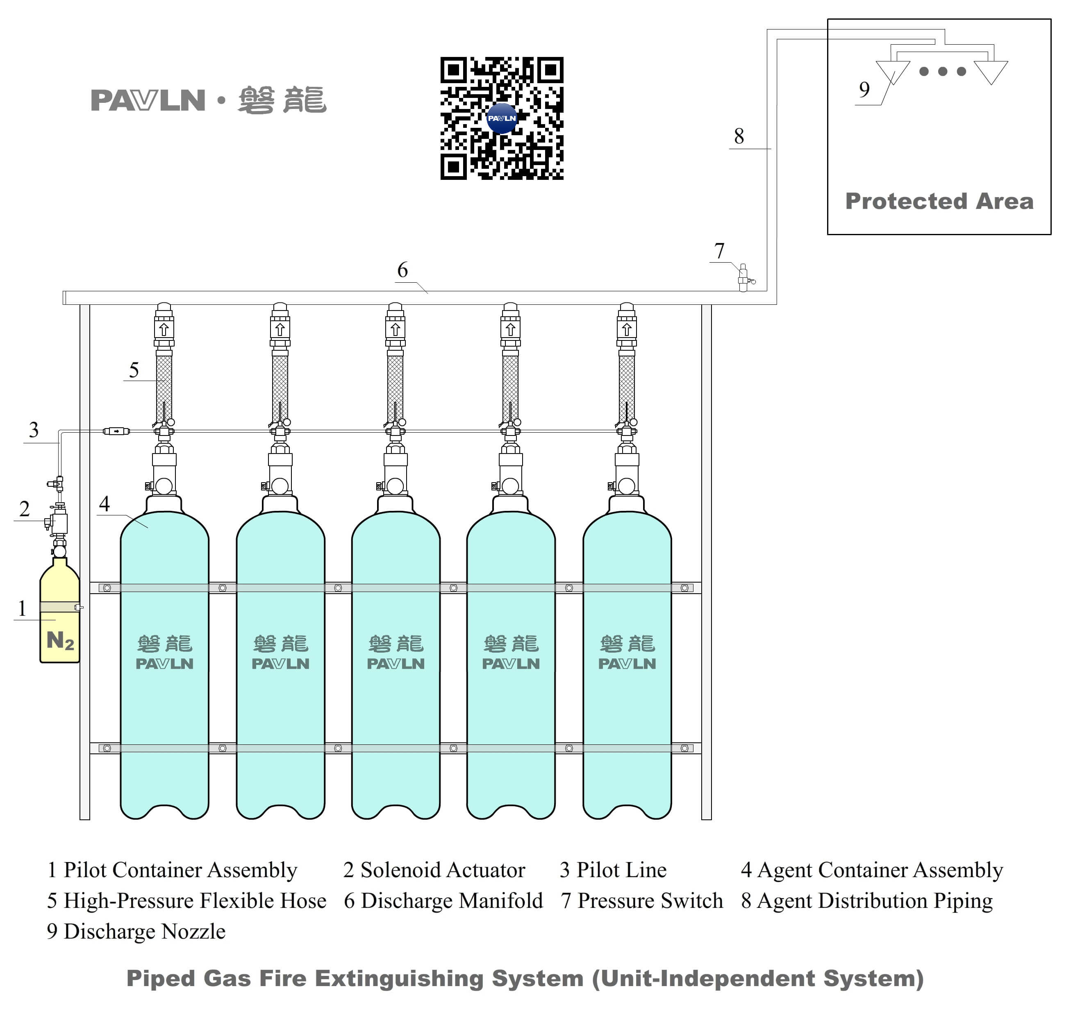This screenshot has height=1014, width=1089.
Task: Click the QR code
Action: (x=501, y=118)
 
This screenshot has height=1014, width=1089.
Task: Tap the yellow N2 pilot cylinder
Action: (x=60, y=619)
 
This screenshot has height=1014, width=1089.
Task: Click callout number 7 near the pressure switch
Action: (x=719, y=251)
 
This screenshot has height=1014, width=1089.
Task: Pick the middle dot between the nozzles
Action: (x=942, y=71)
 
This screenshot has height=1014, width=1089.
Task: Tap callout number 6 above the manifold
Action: (x=402, y=270)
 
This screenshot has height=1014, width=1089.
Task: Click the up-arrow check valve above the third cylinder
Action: (x=395, y=329)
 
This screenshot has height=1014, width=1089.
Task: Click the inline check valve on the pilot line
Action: (x=116, y=431)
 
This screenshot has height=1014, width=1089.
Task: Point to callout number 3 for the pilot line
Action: (x=34, y=430)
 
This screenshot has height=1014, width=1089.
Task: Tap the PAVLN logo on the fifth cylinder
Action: (x=627, y=664)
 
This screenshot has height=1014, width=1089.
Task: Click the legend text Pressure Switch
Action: (x=650, y=901)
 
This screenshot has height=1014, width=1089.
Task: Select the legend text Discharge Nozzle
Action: (x=144, y=931)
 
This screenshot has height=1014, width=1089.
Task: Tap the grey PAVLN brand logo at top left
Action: (x=148, y=101)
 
